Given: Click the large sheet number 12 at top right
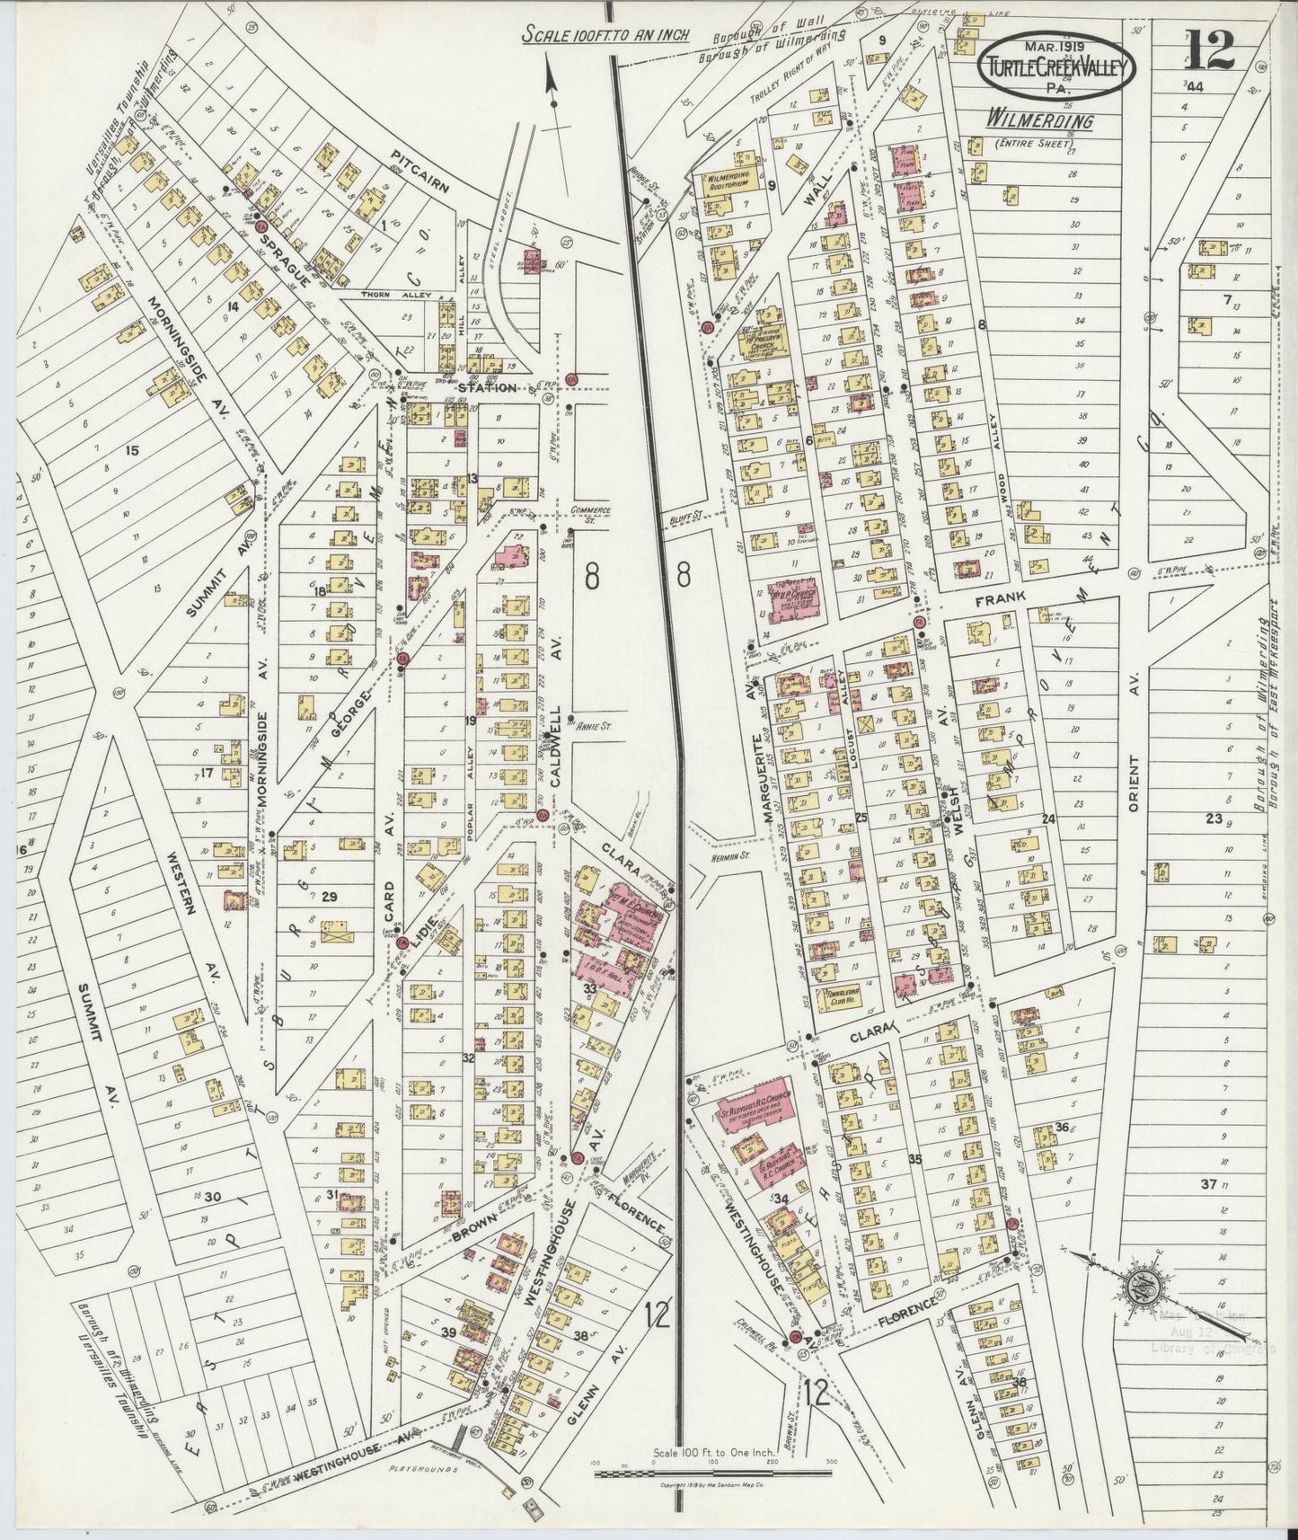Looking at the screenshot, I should [x=1208, y=49].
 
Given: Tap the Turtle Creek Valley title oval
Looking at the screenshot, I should [x=1056, y=66].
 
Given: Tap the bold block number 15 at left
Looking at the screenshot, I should [x=133, y=450].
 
